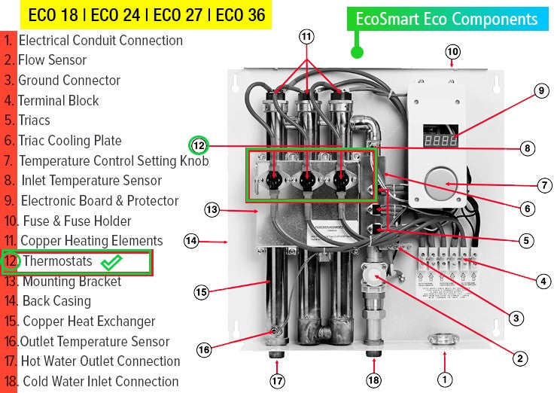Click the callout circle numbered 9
[x=540, y=91]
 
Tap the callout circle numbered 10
[x=452, y=52]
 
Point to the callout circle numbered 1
[x=445, y=379]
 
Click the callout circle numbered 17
[x=278, y=381]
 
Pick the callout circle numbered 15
[x=201, y=291]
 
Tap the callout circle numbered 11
[x=306, y=36]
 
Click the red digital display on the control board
[x=439, y=140]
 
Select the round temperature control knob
[x=441, y=183]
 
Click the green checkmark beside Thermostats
[x=111, y=262]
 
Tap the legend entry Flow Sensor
[x=53, y=60]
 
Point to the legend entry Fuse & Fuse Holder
[x=76, y=221]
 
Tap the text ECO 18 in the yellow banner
[x=51, y=14]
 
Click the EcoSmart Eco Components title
[x=447, y=19]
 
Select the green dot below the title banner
[x=358, y=52]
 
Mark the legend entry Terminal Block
[x=59, y=100]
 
